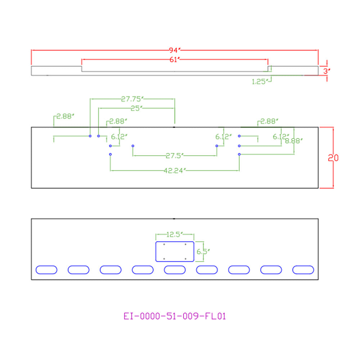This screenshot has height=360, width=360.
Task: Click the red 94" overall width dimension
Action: tap(175, 50)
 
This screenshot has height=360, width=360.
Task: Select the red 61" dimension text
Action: tap(175, 60)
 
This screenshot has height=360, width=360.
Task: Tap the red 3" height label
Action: tap(327, 71)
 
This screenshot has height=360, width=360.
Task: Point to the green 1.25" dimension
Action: tap(260, 81)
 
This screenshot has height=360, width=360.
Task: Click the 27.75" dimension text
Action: tap(132, 99)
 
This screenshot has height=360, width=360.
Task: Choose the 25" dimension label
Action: tap(136, 108)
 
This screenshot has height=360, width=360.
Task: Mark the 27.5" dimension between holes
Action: tap(175, 156)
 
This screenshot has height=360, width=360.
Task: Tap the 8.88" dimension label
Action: tap(294, 141)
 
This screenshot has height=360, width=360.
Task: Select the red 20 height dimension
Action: tap(333, 158)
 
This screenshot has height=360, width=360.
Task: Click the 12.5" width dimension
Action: tap(175, 234)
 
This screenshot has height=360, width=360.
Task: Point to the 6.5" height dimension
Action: tap(203, 252)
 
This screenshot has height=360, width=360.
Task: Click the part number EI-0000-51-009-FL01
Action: tap(175, 316)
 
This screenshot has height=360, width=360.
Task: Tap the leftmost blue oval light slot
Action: tap(46, 266)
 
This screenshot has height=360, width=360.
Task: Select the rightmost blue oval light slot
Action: tap(303, 266)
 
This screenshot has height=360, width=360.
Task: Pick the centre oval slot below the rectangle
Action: tap(175, 266)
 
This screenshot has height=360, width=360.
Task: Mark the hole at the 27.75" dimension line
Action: tap(90, 136)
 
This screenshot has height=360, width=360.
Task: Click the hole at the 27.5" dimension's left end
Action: tap(133, 146)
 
